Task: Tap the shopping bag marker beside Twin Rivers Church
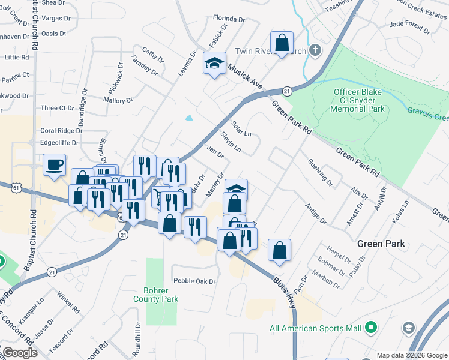point(281,43)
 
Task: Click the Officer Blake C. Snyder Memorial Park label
point(358,101)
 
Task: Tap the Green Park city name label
point(381,244)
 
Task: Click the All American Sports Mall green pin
point(371,328)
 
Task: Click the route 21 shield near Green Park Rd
point(287,91)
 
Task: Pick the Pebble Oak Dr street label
point(194,281)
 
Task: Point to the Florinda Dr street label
point(229,19)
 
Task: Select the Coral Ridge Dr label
point(61,131)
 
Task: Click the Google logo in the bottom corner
point(20,353)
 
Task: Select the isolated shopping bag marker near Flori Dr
point(279,250)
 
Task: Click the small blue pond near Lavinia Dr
point(190,118)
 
